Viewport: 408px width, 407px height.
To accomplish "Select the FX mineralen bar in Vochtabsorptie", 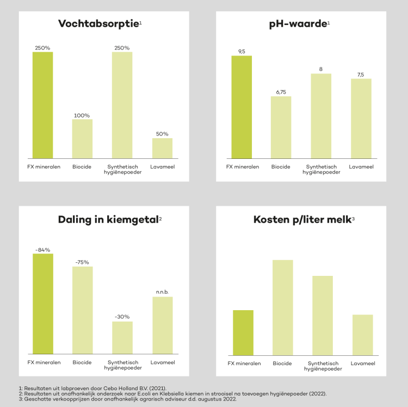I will pyautogui.click(x=42, y=104).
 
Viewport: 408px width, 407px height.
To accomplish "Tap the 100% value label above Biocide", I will pyautogui.click(x=82, y=115).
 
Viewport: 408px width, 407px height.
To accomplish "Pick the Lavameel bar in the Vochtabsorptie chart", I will pyautogui.click(x=162, y=147).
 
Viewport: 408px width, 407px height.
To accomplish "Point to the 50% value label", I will pyautogui.click(x=162, y=134).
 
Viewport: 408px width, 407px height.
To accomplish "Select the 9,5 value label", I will pyautogui.click(x=242, y=52).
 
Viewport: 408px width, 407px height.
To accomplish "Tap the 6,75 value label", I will pyautogui.click(x=281, y=92).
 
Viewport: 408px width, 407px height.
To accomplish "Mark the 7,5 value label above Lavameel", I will pyautogui.click(x=361, y=75).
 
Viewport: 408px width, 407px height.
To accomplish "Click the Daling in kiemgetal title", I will pyautogui.click(x=108, y=220).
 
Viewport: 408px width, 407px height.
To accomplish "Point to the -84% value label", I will pyautogui.click(x=42, y=250).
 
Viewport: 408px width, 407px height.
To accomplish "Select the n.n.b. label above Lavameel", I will pyautogui.click(x=162, y=292).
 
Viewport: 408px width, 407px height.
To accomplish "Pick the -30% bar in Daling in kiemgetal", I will pyautogui.click(x=122, y=337).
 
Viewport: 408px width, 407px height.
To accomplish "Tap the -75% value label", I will pyautogui.click(x=82, y=262).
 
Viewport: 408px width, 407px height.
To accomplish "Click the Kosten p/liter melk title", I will pyautogui.click(x=300, y=220).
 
